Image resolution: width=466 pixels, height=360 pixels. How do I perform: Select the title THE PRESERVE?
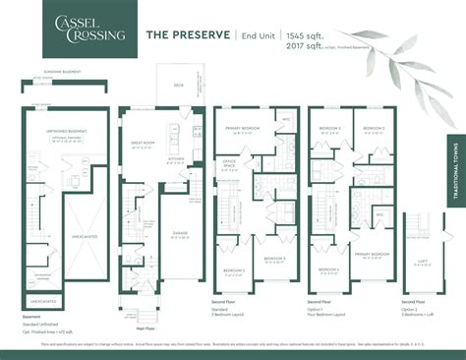pyautogui.click(x=189, y=34)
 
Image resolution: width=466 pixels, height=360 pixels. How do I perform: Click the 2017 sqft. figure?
pyautogui.click(x=308, y=45)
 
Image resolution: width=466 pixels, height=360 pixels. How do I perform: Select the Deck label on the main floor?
pyautogui.click(x=178, y=85)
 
